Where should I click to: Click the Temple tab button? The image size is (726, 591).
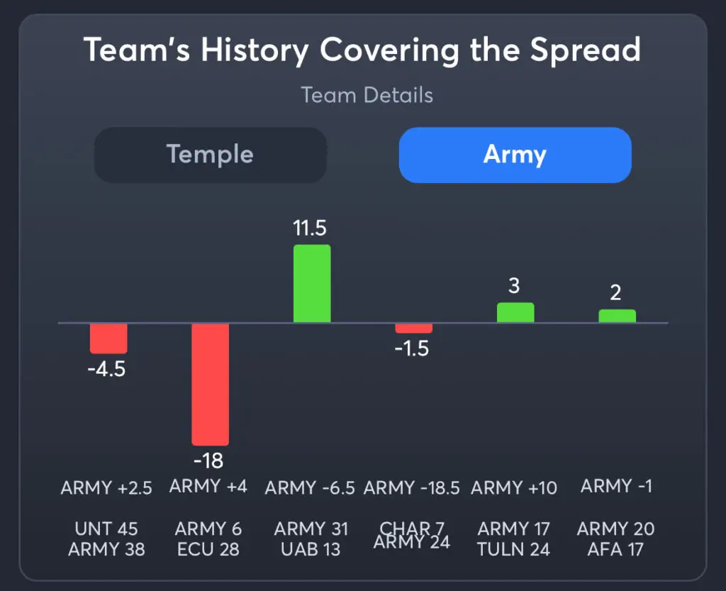pyautogui.click(x=210, y=155)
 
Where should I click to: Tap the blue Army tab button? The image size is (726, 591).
pyautogui.click(x=515, y=155)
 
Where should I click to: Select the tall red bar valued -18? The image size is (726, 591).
pyautogui.click(x=210, y=384)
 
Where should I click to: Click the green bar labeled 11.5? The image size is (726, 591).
pyautogui.click(x=312, y=284)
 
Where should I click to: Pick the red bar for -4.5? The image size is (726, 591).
pyautogui.click(x=108, y=338)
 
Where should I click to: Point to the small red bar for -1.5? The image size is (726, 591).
pyautogui.click(x=413, y=328)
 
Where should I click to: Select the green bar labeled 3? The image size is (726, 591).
pyautogui.click(x=515, y=313)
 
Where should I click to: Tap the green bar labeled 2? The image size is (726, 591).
pyautogui.click(x=617, y=316)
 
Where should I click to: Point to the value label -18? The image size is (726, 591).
pyautogui.click(x=208, y=461)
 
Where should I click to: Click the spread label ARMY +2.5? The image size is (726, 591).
pyautogui.click(x=106, y=488)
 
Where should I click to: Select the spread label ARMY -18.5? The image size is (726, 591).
pyautogui.click(x=412, y=488)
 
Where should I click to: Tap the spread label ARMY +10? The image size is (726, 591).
pyautogui.click(x=514, y=488)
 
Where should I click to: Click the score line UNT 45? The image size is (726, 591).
pyautogui.click(x=106, y=529)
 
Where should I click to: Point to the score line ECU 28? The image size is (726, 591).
pyautogui.click(x=208, y=550)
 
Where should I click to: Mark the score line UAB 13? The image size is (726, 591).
pyautogui.click(x=311, y=550)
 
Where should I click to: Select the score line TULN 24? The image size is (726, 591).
pyautogui.click(x=514, y=550)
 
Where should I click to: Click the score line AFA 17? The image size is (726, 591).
pyautogui.click(x=615, y=550)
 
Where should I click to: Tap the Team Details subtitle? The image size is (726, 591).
pyautogui.click(x=367, y=95)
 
